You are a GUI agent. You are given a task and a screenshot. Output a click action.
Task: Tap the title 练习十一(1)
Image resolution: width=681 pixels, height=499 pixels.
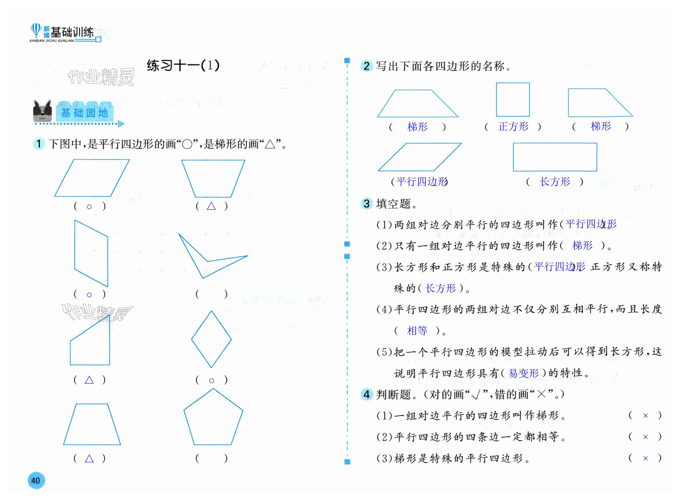(183, 65)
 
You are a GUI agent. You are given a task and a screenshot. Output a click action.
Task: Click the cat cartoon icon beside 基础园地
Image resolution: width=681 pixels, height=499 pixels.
(42, 111)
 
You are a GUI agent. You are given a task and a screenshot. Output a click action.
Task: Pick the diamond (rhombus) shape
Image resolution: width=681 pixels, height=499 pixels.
(211, 339)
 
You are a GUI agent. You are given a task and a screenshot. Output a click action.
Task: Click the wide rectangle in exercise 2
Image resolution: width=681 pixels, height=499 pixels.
(555, 157)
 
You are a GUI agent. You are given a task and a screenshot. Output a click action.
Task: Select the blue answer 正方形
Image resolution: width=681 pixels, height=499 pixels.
(513, 126)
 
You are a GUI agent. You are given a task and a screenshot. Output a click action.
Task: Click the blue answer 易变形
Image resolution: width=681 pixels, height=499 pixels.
(524, 373)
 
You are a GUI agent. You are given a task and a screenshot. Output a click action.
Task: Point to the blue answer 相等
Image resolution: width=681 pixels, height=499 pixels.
(417, 331)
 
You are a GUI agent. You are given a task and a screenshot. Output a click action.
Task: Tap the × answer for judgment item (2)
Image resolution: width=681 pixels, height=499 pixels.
(645, 437)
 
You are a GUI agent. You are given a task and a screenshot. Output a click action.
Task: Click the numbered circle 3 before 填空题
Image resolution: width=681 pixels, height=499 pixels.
(367, 204)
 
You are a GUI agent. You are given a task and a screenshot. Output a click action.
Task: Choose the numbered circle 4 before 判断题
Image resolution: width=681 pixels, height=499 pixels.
(367, 394)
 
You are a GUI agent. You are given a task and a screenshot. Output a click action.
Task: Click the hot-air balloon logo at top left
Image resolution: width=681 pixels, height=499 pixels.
(36, 31)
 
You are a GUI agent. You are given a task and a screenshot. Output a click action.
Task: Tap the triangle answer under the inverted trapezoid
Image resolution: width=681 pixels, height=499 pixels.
(211, 206)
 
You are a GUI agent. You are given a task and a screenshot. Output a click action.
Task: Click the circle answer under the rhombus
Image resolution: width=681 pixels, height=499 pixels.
(212, 381)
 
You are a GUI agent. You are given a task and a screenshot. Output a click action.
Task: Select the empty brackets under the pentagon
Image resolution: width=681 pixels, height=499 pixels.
(211, 459)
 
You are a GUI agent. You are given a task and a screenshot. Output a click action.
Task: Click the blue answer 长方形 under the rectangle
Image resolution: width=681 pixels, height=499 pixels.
(555, 182)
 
